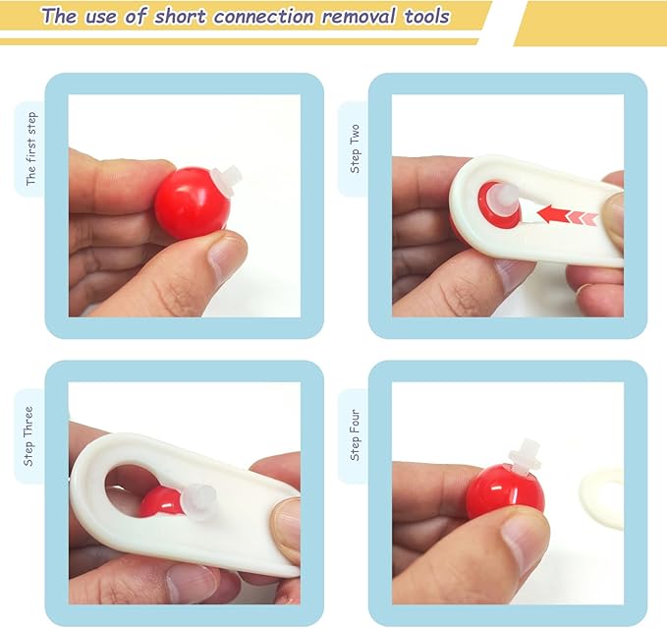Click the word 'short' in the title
[180, 17]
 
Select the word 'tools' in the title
[426, 17]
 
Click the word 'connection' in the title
[264, 17]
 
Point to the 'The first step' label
[31, 149]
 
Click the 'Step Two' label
[355, 149]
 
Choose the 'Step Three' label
[28, 436]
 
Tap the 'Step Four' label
[355, 435]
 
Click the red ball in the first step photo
[192, 203]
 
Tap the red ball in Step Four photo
[505, 492]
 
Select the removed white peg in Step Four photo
[525, 457]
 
